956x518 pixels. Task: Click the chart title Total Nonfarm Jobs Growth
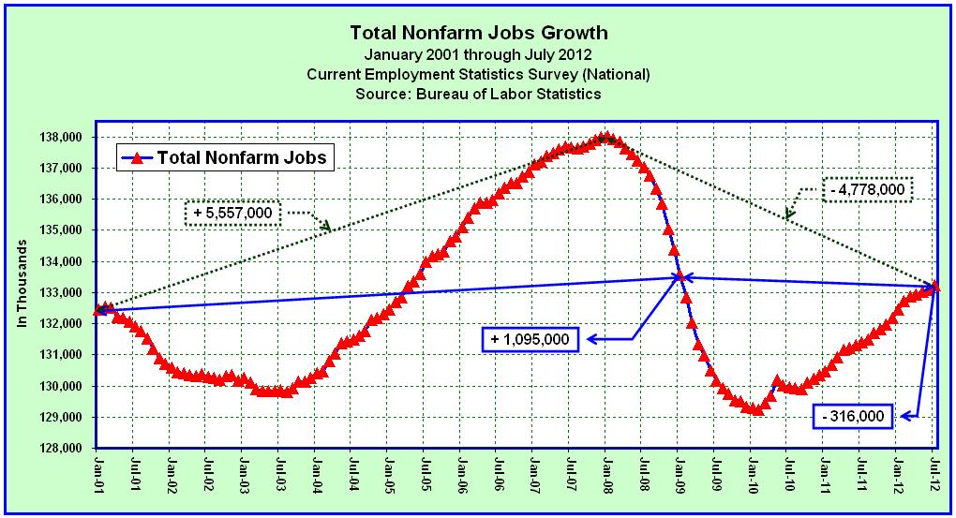[478, 33]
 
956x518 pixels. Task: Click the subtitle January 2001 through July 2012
[478, 54]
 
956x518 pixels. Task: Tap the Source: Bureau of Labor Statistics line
[478, 94]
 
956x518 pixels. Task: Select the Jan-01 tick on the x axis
[99, 472]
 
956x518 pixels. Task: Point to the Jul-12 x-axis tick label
[934, 472]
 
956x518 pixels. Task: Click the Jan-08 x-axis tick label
[606, 472]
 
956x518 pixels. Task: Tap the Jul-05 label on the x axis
[426, 472]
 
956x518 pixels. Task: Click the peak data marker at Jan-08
[606, 138]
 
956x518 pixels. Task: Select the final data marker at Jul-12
[934, 287]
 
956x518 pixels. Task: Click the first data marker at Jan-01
[99, 309]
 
